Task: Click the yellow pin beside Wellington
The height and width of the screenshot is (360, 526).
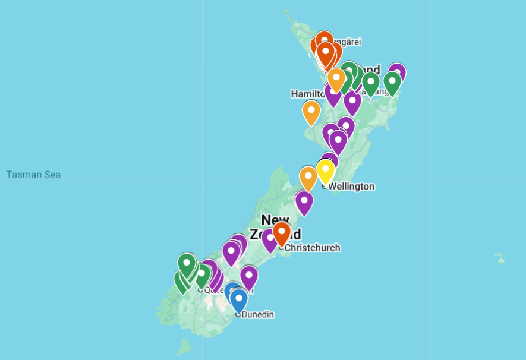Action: pos(325,172)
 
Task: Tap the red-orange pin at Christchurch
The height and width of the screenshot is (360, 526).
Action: pos(282,233)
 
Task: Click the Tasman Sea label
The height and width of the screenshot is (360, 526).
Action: pos(33,175)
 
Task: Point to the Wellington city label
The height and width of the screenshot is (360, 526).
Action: pos(351,187)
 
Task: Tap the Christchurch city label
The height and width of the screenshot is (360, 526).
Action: pos(313,248)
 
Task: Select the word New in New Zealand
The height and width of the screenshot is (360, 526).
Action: pos(276,220)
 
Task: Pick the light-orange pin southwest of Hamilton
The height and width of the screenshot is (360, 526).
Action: pos(311,112)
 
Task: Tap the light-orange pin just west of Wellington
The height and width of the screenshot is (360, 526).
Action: pos(308,178)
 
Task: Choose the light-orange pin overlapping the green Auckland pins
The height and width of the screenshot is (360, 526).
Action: pos(336,79)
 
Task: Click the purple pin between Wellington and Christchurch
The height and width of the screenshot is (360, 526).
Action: pos(304,202)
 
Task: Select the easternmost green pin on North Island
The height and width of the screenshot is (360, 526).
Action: pos(392,83)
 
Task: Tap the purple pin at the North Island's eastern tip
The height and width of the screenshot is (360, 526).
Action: pos(397,73)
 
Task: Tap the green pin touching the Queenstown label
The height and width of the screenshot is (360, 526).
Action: pos(202,276)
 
